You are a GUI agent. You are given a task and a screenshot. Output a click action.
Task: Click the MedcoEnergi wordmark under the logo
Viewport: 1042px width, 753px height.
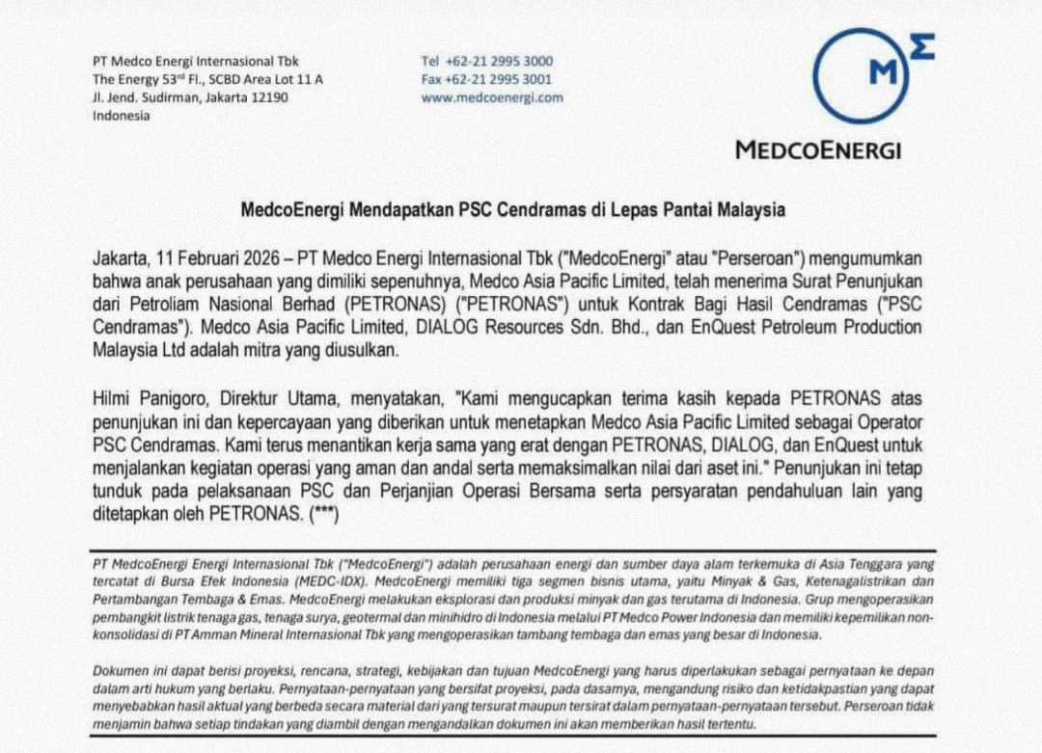817,150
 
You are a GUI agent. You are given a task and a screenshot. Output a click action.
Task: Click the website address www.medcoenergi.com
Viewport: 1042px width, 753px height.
492,97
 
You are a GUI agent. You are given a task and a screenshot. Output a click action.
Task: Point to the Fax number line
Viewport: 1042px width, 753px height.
487,79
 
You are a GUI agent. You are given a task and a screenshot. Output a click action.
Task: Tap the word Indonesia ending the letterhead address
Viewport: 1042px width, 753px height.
122,116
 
